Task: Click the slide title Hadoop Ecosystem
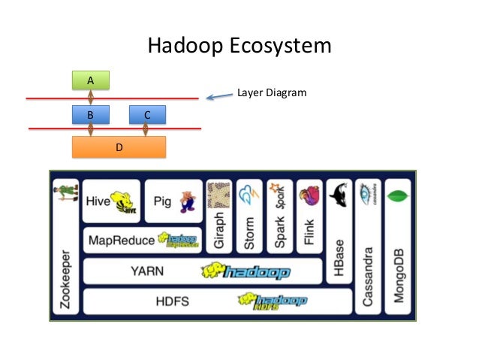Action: (x=239, y=47)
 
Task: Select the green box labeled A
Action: (x=90, y=80)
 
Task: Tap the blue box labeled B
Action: (x=90, y=115)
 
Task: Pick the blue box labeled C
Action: (x=147, y=115)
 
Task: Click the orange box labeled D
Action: (x=118, y=147)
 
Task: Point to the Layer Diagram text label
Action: (x=272, y=93)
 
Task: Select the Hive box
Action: (x=112, y=201)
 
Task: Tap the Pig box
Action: (x=173, y=201)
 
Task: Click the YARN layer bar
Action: (x=217, y=271)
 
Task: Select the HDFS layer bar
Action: (x=217, y=301)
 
